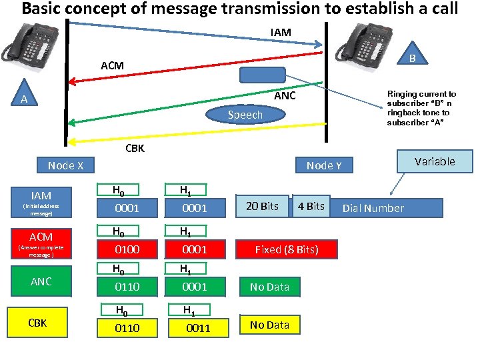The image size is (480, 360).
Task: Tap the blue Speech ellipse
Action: (x=245, y=115)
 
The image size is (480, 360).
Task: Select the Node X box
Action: (x=65, y=165)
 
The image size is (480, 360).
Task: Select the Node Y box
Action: (x=324, y=165)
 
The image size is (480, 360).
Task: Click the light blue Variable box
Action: (x=434, y=161)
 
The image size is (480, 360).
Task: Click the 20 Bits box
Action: (x=262, y=206)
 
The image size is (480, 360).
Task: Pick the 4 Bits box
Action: (x=311, y=206)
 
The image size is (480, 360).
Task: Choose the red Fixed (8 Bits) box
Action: (x=286, y=249)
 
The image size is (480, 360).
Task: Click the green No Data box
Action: (x=269, y=287)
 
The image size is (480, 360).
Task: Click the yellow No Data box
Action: (x=269, y=325)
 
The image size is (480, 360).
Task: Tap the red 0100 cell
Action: (x=127, y=249)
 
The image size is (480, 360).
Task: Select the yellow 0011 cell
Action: (x=198, y=327)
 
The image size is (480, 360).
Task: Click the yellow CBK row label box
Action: (x=38, y=323)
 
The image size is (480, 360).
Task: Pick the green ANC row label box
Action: (x=41, y=281)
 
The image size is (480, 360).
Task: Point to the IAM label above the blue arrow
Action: (x=281, y=31)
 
